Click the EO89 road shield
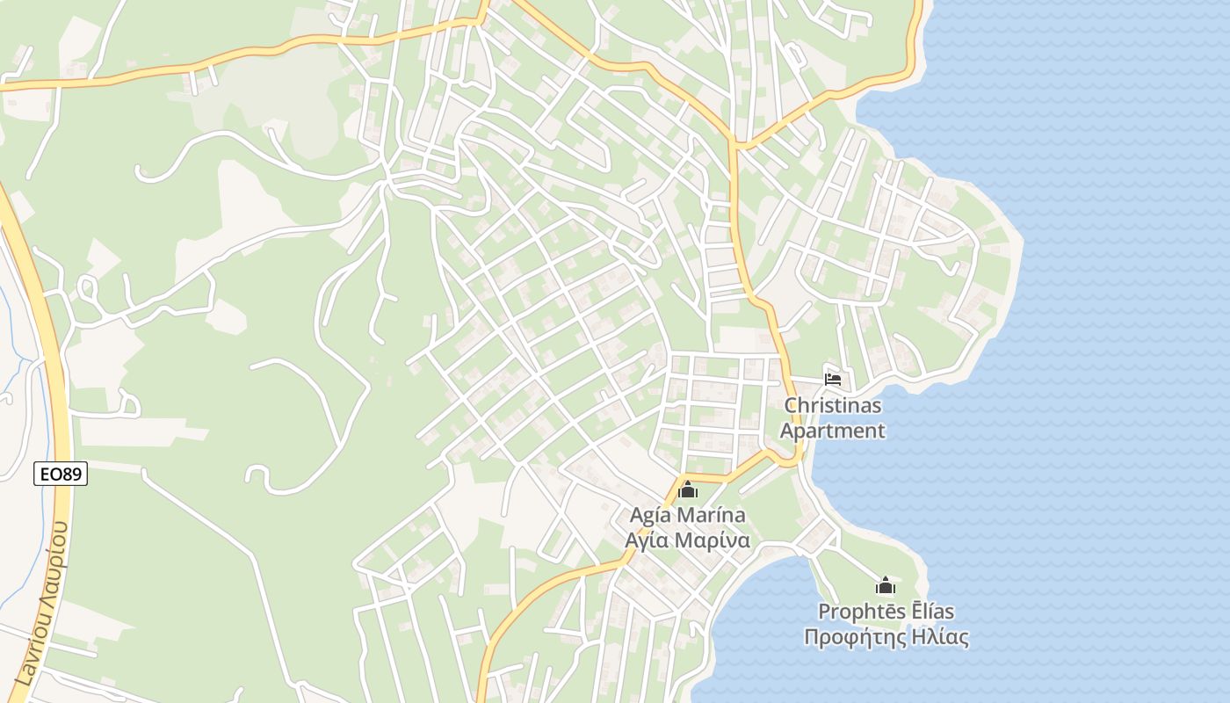click(x=61, y=474)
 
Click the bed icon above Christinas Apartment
click(x=833, y=379)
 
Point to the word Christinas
click(x=832, y=406)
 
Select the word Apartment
click(x=832, y=431)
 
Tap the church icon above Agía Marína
click(x=688, y=489)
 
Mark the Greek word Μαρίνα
click(x=713, y=540)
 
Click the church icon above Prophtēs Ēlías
click(x=886, y=585)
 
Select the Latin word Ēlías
click(x=931, y=612)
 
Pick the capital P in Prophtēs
click(x=824, y=612)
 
